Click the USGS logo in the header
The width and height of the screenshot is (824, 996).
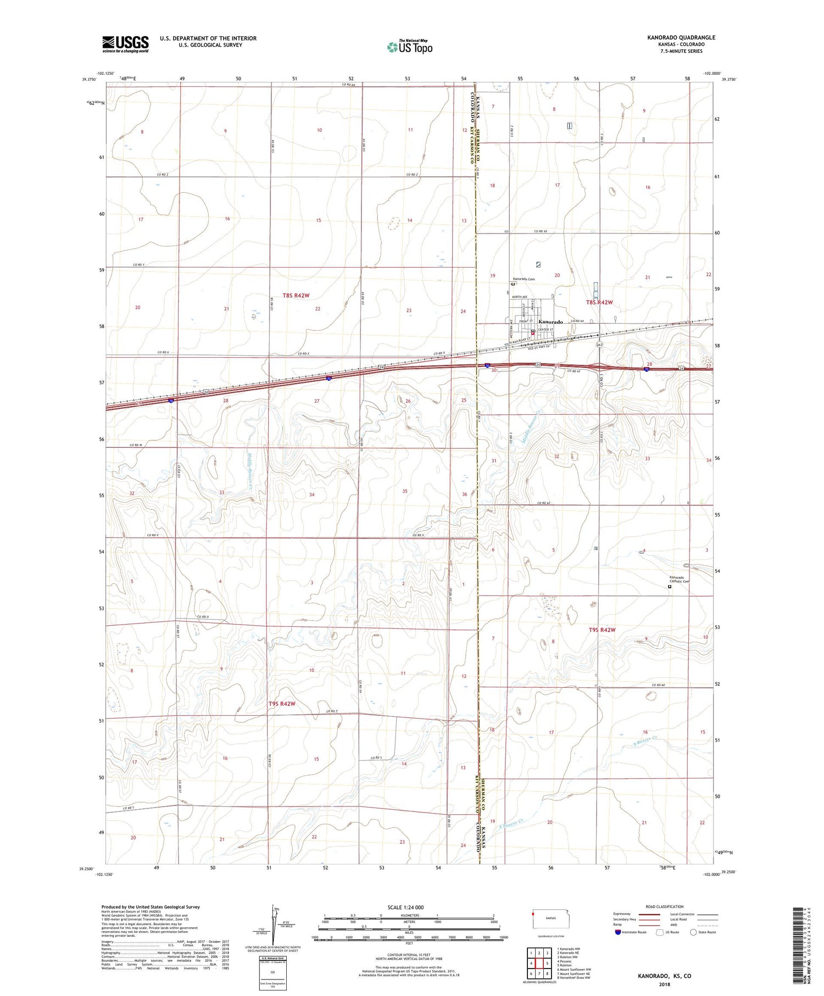click(x=125, y=44)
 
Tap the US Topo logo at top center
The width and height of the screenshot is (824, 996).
click(x=410, y=47)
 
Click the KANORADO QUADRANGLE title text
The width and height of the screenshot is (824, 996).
click(x=681, y=37)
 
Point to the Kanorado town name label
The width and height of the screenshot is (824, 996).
click(x=550, y=322)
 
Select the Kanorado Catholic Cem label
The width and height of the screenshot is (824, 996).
click(x=679, y=579)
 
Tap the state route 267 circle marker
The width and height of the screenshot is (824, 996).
click(x=599, y=345)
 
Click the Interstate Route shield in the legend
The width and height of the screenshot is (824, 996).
click(x=618, y=932)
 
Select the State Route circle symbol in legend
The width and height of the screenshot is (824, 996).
click(x=693, y=932)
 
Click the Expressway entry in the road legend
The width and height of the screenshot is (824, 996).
click(x=625, y=914)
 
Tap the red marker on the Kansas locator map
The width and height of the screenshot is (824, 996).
click(x=533, y=915)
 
